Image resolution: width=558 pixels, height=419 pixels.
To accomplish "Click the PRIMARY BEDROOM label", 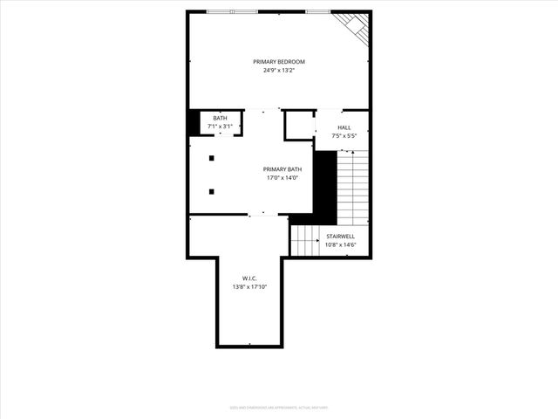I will tap(279, 61).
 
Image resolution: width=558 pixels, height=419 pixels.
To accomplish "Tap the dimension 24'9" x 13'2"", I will tap(279, 70).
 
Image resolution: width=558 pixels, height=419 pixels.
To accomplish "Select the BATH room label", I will tap(220, 119).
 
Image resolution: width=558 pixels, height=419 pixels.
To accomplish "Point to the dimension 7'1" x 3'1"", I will tap(220, 127).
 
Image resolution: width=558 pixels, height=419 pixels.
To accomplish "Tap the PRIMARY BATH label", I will tap(283, 169).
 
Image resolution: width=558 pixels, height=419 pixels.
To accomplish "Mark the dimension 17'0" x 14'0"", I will tap(283, 178).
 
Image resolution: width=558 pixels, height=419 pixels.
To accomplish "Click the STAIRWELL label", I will tap(340, 237).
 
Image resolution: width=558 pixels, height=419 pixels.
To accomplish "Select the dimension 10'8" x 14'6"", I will tap(340, 245).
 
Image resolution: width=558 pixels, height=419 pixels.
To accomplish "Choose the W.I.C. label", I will tap(249, 278).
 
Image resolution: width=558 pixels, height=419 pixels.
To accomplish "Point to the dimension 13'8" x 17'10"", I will tap(249, 286).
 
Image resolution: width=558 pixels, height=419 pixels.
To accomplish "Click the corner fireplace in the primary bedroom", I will tap(357, 26).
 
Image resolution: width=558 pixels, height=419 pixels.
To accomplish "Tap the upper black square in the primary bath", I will tap(211, 158).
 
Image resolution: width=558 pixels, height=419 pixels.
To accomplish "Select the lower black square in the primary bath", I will tap(211, 191).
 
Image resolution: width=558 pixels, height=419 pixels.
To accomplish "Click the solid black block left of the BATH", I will tap(194, 123).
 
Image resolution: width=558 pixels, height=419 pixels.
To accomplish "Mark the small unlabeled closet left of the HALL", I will tap(299, 124).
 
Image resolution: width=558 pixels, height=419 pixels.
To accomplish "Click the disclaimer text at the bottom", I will tap(279, 406).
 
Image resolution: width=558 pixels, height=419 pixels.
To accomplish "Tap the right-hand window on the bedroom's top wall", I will tap(319, 11).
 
